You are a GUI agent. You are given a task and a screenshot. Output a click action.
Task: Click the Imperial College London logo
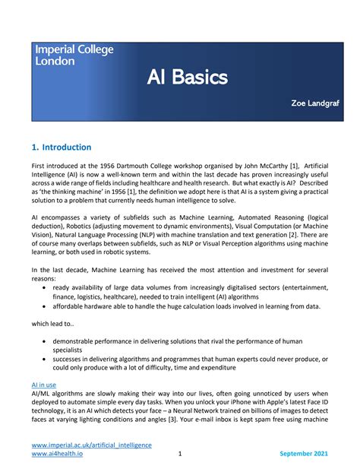74,55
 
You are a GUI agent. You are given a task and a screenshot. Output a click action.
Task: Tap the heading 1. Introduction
62,147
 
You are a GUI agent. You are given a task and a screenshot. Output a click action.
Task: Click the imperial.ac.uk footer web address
91,445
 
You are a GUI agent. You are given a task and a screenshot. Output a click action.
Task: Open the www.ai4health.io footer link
57,454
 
